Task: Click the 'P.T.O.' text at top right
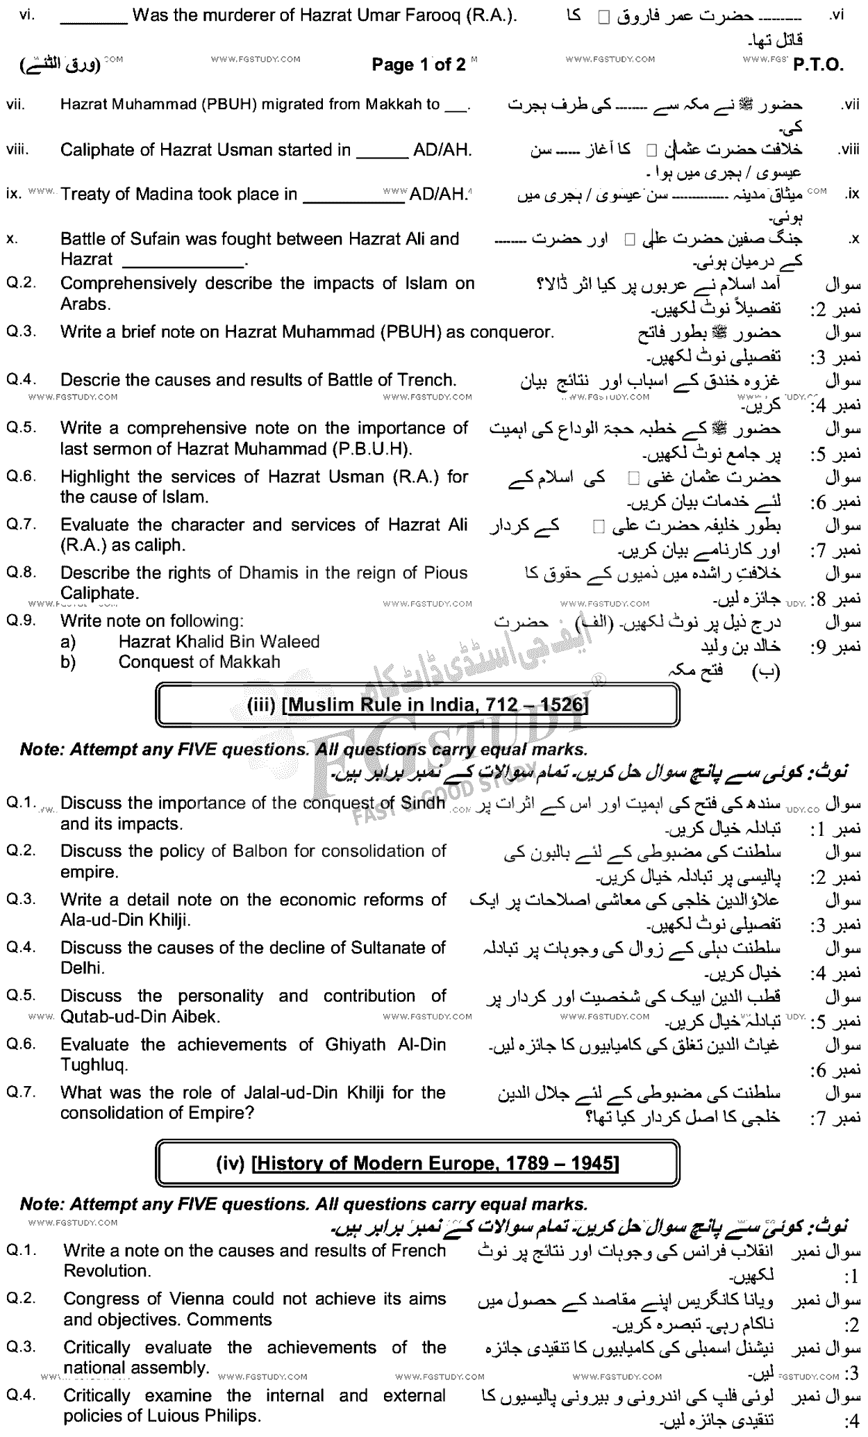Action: coord(818,65)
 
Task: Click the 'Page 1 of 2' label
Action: coord(419,65)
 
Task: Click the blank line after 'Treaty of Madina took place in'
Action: coord(353,195)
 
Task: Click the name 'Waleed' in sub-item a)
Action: coord(291,641)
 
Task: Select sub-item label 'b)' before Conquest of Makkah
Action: coord(67,662)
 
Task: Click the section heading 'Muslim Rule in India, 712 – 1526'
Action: coord(437,705)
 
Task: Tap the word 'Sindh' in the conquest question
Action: coord(423,803)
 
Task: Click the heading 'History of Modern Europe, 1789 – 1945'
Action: coord(437,1163)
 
